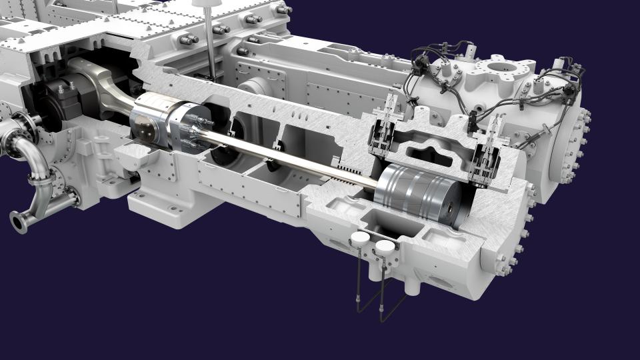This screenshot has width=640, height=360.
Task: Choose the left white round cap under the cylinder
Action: click(x=361, y=239)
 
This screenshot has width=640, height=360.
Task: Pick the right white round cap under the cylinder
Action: click(x=385, y=247)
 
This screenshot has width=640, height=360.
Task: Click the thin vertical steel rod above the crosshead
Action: click(x=211, y=47)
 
